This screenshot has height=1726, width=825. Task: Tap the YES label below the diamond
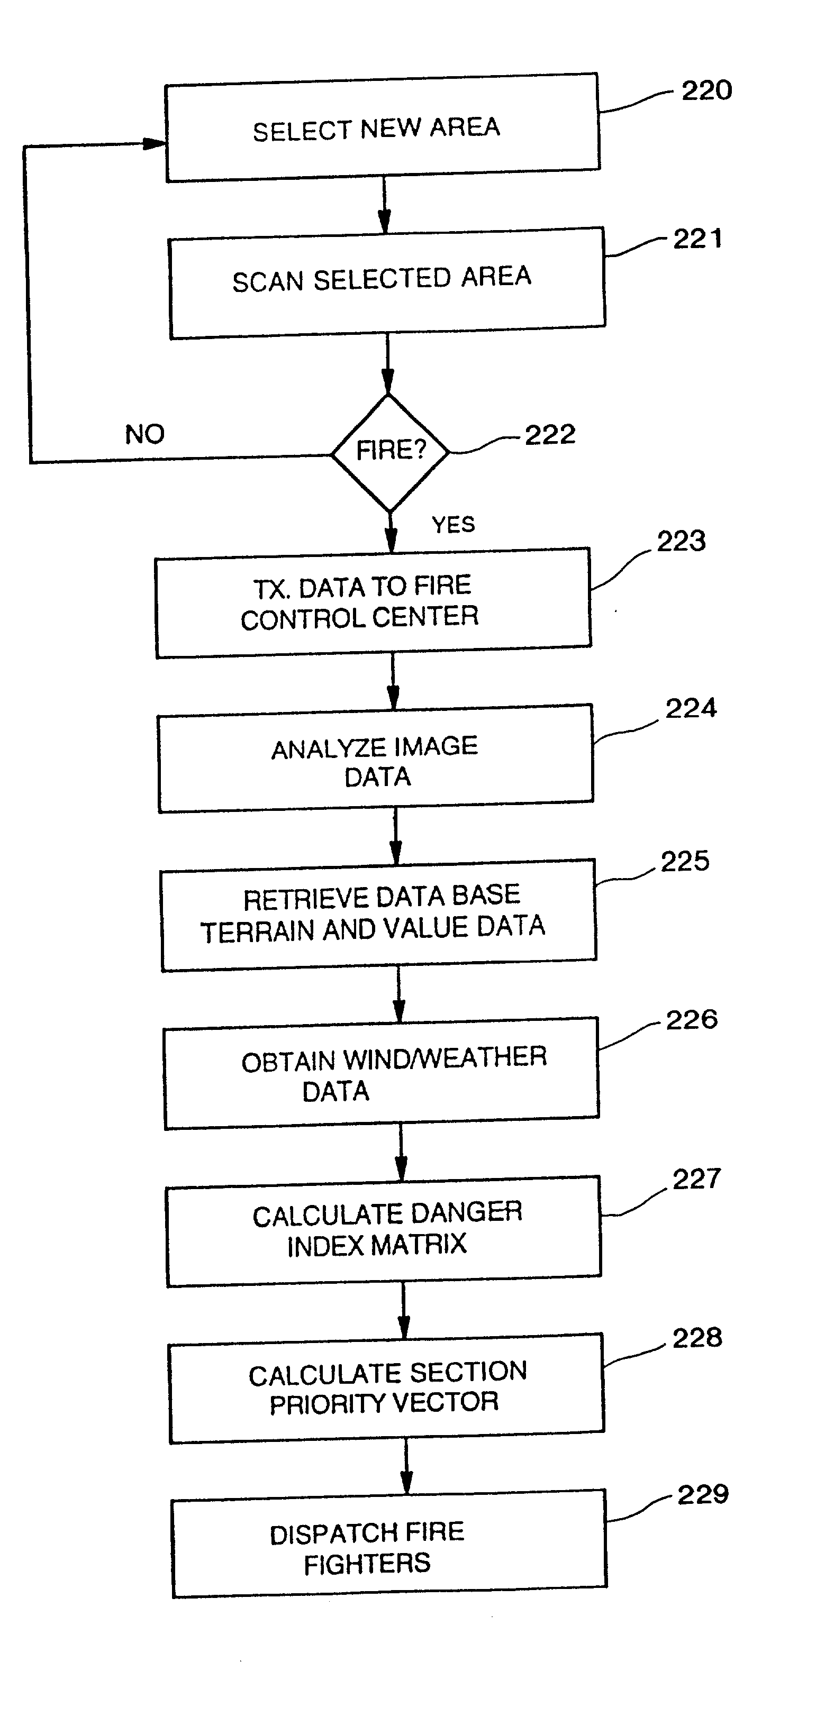click(x=453, y=525)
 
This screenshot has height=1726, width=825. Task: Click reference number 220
click(x=706, y=91)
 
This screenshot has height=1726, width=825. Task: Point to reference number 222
click(x=549, y=435)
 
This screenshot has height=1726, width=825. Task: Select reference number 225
click(x=685, y=862)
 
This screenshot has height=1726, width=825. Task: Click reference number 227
click(x=696, y=1179)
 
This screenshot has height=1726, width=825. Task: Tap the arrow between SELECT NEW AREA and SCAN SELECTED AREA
click(x=384, y=205)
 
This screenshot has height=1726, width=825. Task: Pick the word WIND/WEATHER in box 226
click(x=445, y=1058)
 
